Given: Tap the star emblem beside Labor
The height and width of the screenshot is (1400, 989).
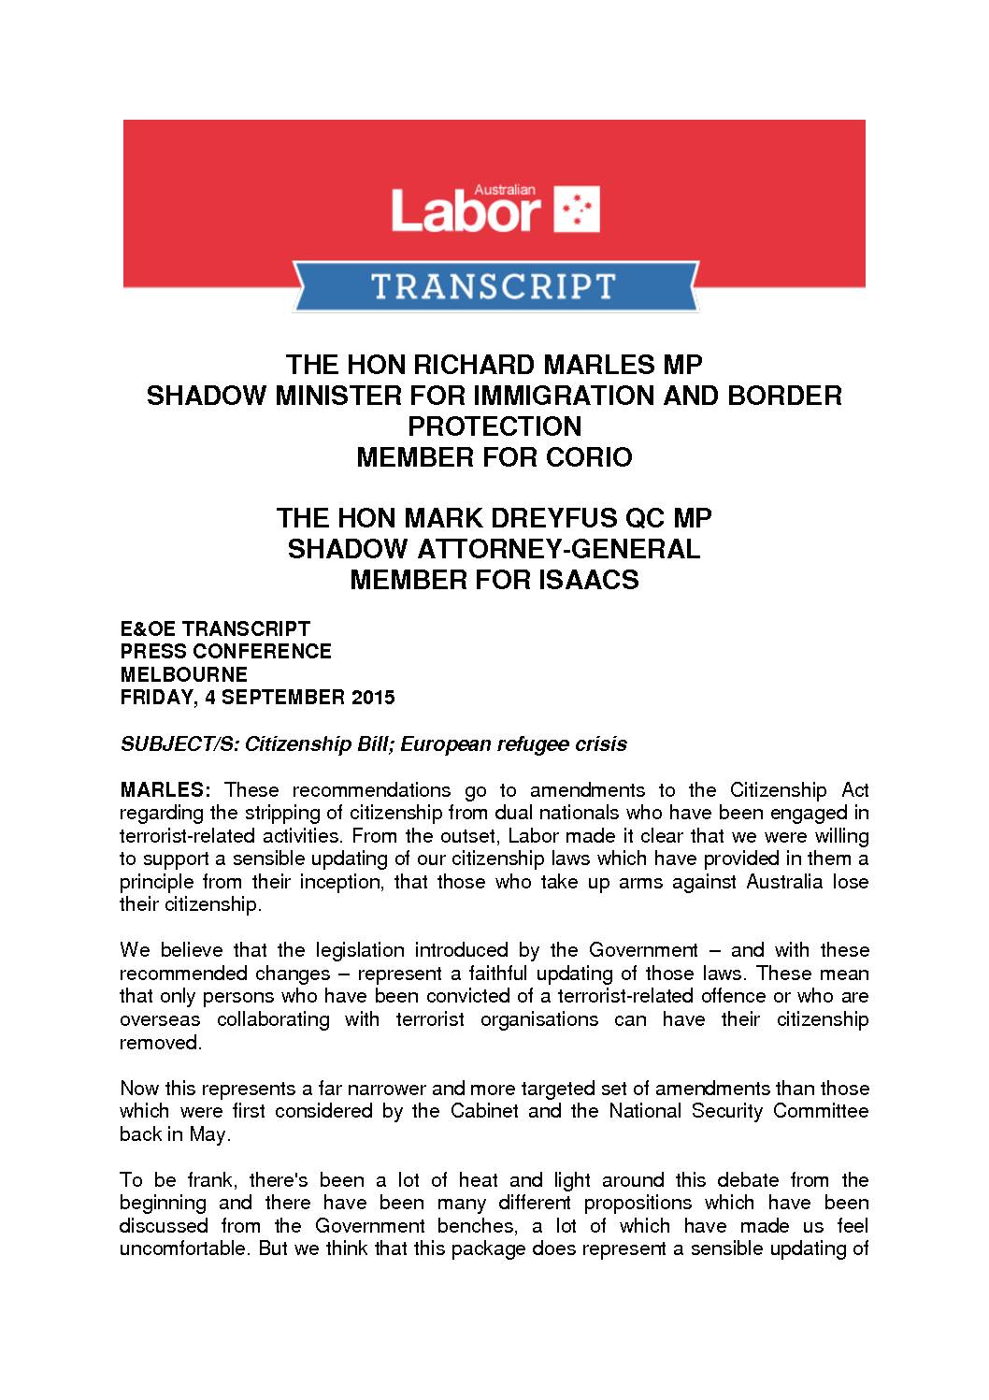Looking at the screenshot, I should point(578,209).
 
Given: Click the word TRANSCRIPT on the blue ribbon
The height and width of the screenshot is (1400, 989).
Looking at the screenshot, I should point(494,286).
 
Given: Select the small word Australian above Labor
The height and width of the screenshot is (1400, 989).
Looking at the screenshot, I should point(505,189).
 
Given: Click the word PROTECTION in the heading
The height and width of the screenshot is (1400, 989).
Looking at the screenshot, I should point(494,426).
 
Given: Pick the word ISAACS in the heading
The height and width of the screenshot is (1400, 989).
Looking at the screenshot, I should point(587,580).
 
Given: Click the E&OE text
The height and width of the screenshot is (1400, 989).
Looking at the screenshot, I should point(150,628).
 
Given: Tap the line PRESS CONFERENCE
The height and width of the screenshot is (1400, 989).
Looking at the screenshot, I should point(226,651).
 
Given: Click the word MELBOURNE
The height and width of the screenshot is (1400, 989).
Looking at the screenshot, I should point(184,674).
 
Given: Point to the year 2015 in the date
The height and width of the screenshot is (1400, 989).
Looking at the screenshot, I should point(374,698).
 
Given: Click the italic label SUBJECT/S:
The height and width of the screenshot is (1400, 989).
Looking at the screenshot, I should point(179,744).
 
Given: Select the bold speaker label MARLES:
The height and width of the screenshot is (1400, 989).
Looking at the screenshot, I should point(166,790).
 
